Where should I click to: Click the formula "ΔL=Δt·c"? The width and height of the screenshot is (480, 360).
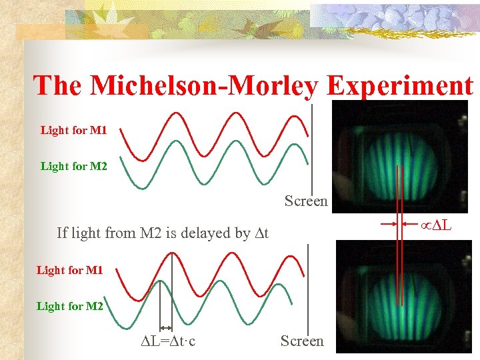point(168,341)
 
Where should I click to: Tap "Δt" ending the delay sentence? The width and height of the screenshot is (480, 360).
point(261,233)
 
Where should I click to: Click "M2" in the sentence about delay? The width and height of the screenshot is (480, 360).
point(151,233)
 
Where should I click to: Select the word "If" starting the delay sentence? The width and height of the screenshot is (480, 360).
point(61,233)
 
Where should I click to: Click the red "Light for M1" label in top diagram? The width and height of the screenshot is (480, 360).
point(73,130)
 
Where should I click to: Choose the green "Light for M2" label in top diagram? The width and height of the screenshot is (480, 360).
point(73,166)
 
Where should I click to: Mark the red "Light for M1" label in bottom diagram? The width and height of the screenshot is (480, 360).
point(69,270)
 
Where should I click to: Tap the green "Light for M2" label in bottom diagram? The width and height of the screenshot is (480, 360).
point(69,306)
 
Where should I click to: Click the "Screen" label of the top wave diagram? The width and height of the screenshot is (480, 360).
point(306,201)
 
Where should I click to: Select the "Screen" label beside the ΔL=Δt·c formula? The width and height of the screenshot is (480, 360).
point(301,341)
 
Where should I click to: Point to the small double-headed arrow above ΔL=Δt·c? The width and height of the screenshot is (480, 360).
point(165,327)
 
